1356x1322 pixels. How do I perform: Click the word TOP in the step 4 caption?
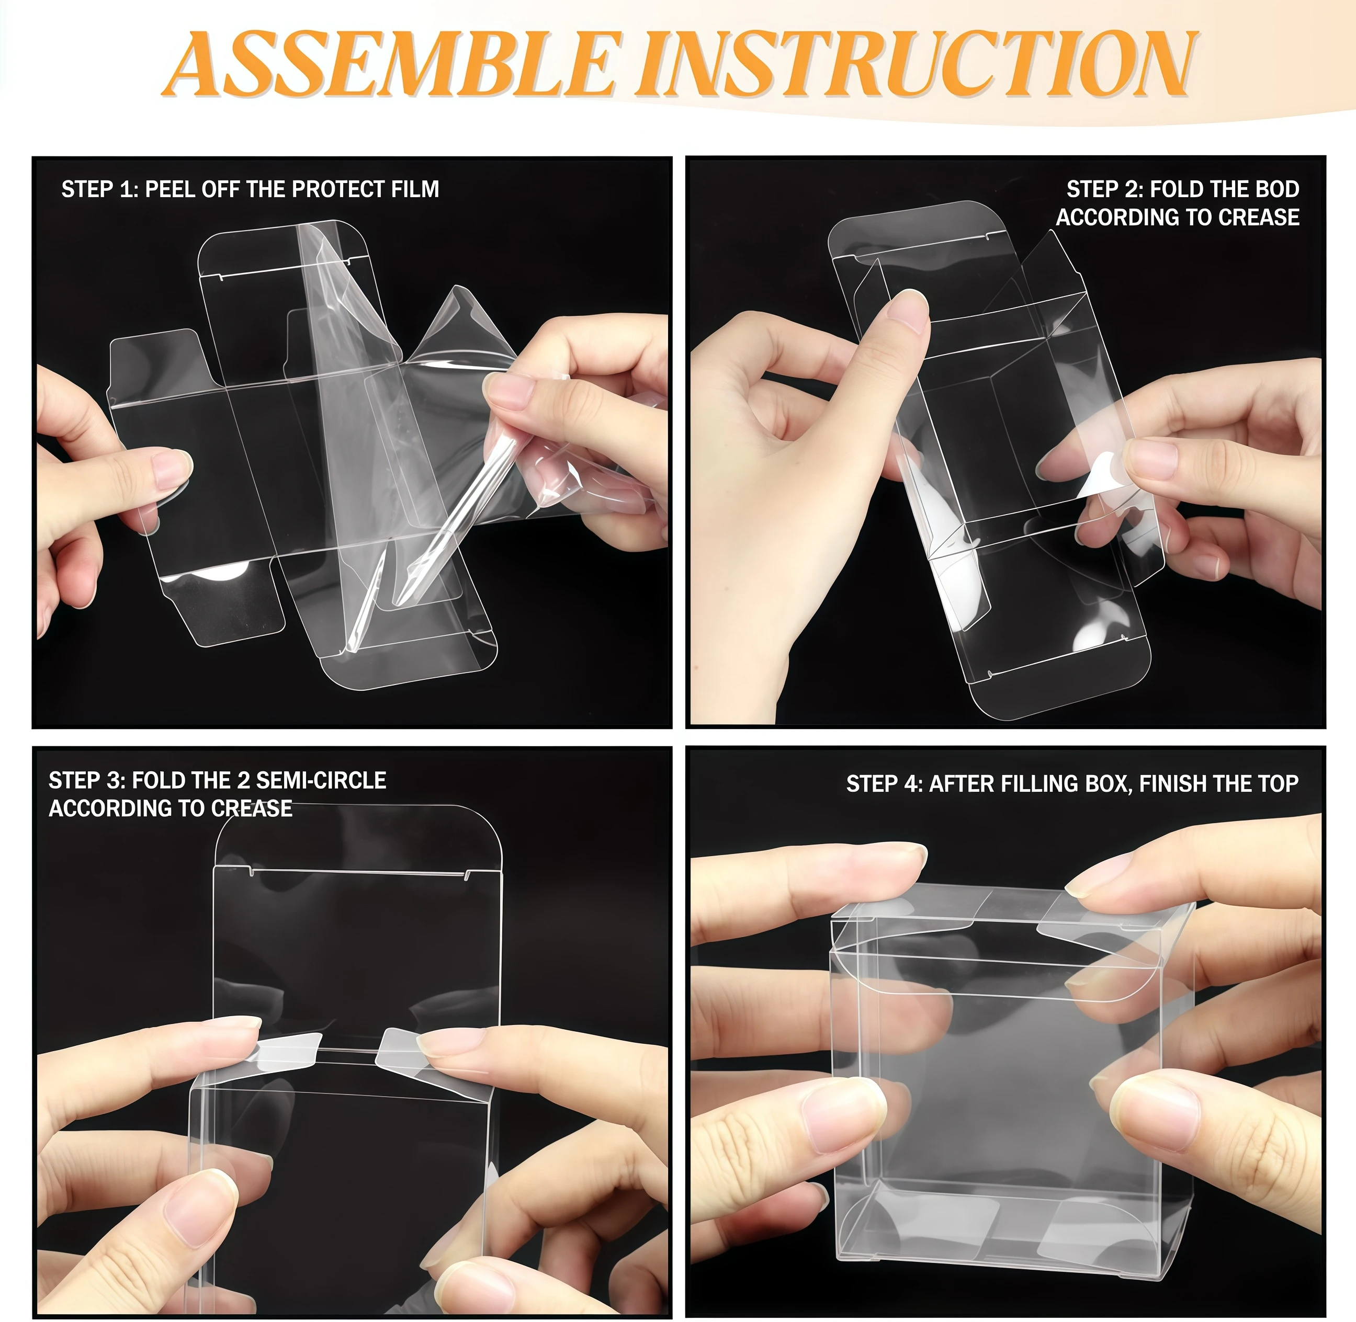1275,784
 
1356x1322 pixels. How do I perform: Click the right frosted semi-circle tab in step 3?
402,1046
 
